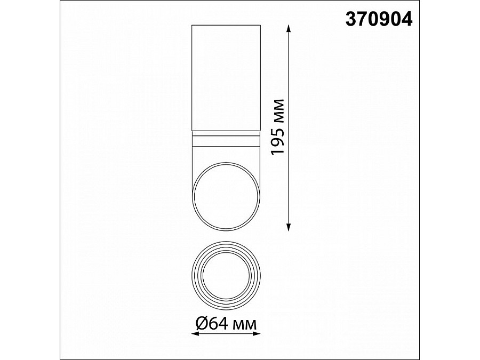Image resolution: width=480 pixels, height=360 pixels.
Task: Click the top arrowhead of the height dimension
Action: [289, 28]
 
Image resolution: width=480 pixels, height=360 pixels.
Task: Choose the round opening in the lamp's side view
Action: [225, 197]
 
